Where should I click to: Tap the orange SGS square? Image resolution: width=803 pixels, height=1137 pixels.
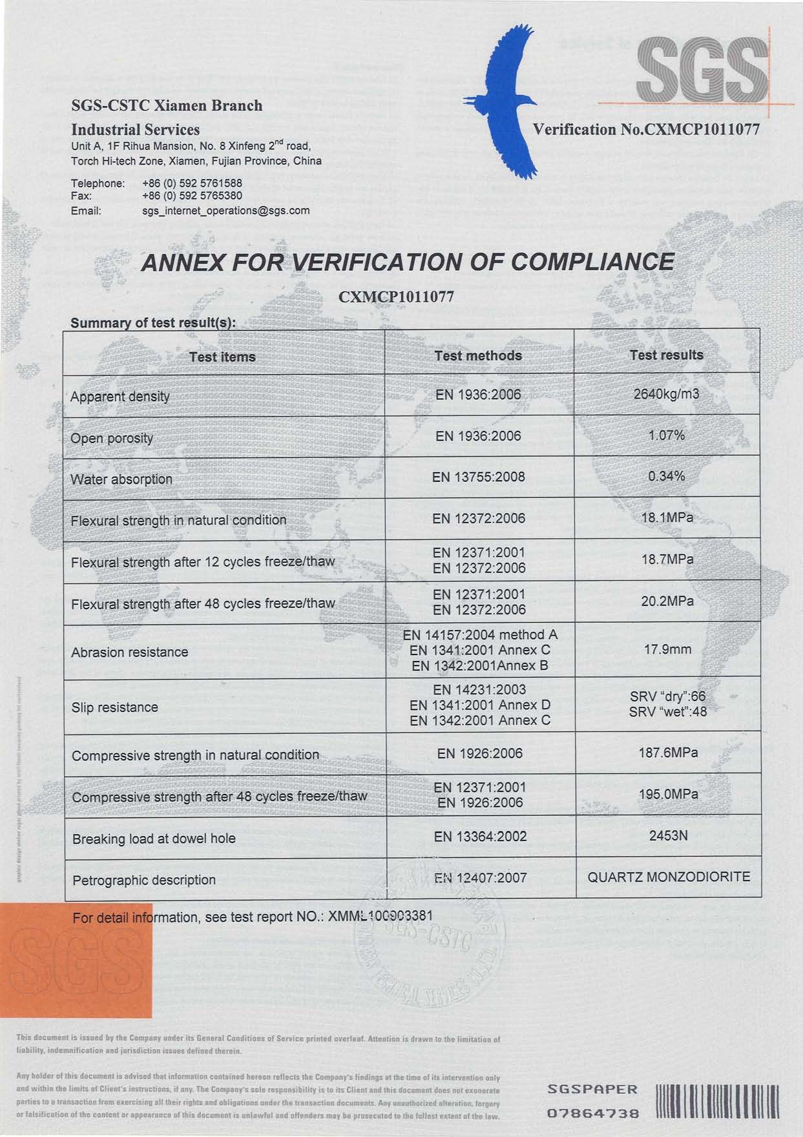pos(76,960)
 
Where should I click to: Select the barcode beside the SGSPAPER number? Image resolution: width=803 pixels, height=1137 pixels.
pos(717,1102)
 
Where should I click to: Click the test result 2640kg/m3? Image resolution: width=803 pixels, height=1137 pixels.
pos(666,393)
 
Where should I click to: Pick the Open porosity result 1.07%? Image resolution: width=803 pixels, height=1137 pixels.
pos(666,435)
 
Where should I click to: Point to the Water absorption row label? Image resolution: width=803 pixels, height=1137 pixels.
pos(121,479)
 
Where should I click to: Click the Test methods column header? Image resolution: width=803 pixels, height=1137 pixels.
pos(478,355)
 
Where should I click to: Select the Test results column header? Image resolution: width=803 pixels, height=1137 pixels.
pos(666,355)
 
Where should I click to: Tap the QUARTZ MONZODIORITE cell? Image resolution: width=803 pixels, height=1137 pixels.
pos(669,877)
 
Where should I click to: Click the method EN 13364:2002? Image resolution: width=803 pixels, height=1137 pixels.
pos(480,837)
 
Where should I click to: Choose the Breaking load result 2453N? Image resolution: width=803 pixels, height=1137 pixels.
pos(668,836)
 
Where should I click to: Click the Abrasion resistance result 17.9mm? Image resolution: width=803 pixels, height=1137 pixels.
pos(667,649)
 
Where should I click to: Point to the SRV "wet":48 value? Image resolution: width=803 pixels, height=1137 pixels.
pos(668,712)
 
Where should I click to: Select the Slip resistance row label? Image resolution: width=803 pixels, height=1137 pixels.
pos(115,707)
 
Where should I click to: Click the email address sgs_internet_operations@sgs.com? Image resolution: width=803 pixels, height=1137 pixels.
pos(225,211)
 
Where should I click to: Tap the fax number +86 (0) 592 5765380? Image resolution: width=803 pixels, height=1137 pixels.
pos(192,196)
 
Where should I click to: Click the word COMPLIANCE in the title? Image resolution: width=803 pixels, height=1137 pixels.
pos(592,262)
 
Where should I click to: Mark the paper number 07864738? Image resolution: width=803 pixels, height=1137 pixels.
pos(593,1113)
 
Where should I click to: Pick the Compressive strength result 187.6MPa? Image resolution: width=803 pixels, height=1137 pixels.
pos(668,753)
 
